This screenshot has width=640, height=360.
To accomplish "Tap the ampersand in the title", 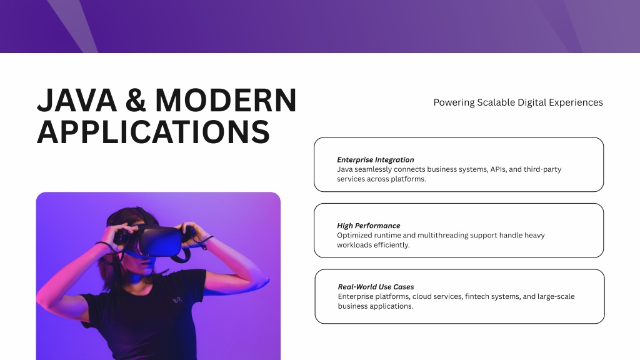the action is pos(136,101).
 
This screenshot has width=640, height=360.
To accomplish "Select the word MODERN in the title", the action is pos(226,101).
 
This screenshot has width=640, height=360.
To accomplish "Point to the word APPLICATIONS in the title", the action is pos(154,132).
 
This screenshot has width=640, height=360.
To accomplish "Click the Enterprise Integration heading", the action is pos(376,160).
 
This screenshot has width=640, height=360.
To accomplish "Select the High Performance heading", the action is pos(369,226).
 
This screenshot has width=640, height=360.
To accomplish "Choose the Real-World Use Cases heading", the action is pos(376,287).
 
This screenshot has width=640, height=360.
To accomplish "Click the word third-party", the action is pos(542,169).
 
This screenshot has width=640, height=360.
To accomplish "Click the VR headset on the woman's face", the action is pos(157,239).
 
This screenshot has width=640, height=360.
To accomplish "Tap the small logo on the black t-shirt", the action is pos(177,300).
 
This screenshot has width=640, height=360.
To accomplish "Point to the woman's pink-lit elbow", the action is pos(40,300).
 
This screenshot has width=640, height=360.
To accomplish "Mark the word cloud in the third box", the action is pos(422,297).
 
